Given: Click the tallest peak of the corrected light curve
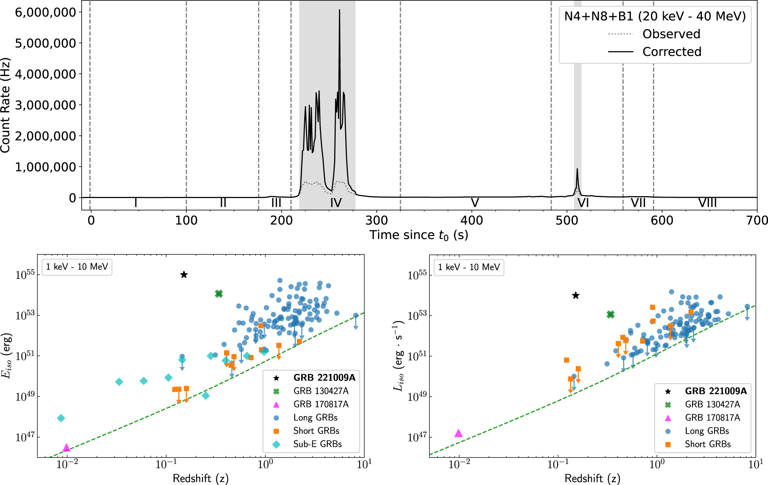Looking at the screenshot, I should (339, 11).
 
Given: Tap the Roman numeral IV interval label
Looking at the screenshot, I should (336, 203).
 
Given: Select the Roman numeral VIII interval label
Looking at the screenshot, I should (707, 203).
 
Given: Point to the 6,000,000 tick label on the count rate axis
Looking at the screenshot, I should (45, 12).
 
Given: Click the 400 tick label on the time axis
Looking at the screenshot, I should (472, 220).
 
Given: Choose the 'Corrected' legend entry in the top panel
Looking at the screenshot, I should (672, 52).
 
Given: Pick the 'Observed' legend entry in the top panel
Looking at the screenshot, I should (671, 34).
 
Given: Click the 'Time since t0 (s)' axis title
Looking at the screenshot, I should (418, 235).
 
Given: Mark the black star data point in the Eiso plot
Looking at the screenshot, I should (184, 275).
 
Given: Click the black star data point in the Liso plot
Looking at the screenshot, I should (576, 295).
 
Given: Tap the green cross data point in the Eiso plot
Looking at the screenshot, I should (219, 294).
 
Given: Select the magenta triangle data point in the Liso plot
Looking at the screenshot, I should (458, 433).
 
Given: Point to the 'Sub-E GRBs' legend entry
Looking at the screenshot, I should (317, 444).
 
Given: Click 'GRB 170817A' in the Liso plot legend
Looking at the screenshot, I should (712, 418).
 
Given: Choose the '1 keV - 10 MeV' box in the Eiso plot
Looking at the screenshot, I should (77, 267).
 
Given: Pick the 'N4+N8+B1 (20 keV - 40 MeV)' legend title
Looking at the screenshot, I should (655, 16).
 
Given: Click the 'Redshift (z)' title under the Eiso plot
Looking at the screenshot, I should (201, 478).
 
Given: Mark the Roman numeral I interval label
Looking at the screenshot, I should (136, 203).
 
